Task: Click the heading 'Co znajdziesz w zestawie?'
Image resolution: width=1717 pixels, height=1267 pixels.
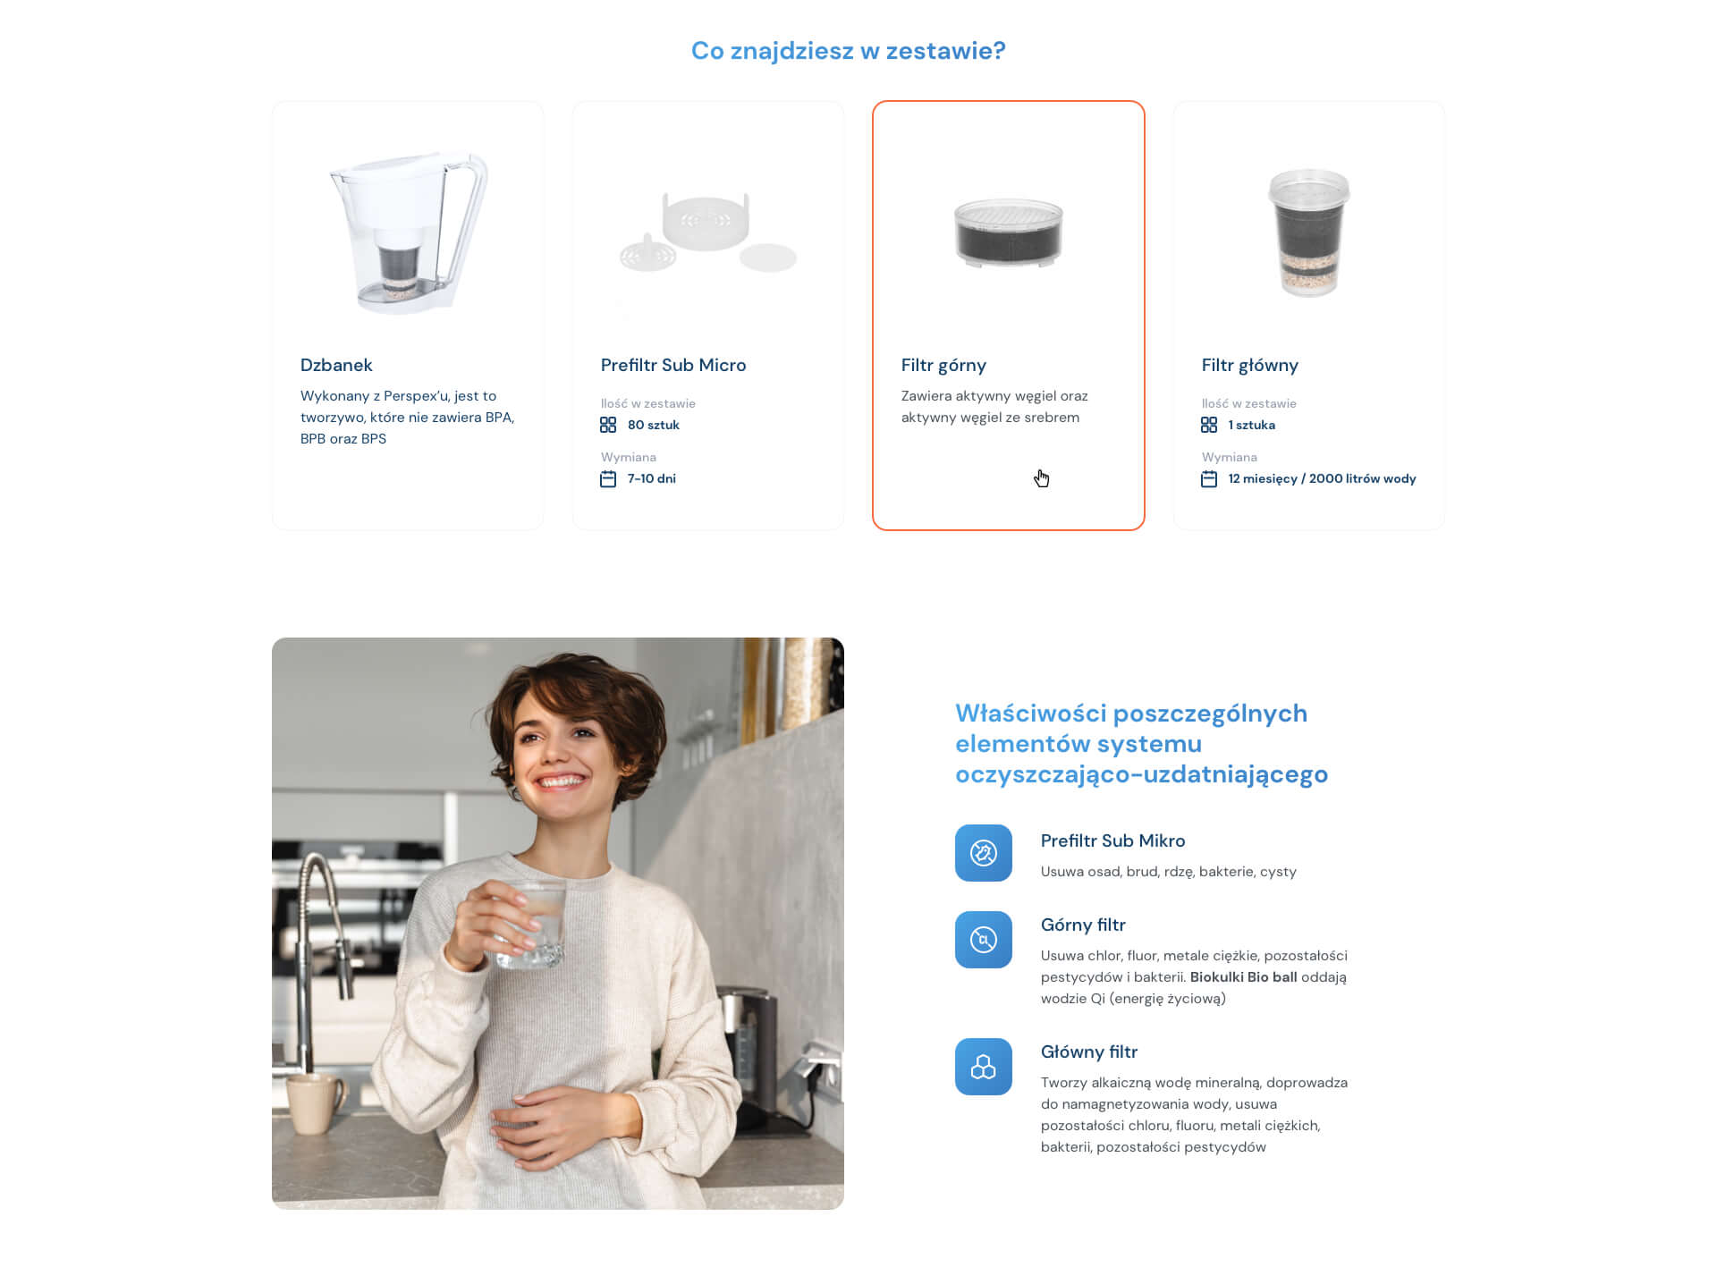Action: point(848,51)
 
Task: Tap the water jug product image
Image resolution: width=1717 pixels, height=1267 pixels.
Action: point(409,232)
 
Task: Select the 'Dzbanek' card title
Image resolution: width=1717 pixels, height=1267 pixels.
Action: point(336,365)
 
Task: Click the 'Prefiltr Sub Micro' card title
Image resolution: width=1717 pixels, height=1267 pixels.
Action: point(673,365)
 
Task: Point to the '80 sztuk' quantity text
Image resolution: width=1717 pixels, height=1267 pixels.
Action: point(654,425)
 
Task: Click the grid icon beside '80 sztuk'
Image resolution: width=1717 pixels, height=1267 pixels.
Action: point(608,425)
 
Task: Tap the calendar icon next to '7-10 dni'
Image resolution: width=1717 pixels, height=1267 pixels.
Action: point(608,479)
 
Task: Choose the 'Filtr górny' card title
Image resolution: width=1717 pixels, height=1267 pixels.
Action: point(943,365)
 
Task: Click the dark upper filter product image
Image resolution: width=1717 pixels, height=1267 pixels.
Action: point(1008,232)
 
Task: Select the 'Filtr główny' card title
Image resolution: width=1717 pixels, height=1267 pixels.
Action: point(1250,365)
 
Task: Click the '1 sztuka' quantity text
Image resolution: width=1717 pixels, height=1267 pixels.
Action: point(1252,425)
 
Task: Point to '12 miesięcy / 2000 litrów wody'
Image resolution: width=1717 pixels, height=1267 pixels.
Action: point(1322,479)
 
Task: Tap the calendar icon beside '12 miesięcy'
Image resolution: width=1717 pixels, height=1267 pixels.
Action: point(1209,479)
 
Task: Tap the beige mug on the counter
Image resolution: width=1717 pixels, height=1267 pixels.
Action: point(316,1103)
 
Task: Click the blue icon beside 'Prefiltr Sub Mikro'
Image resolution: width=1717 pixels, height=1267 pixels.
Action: point(984,853)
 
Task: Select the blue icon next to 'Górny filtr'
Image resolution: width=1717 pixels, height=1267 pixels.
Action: point(984,940)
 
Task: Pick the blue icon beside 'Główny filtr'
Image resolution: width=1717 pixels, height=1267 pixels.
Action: point(984,1067)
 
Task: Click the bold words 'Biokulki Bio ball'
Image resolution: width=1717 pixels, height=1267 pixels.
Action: point(1243,977)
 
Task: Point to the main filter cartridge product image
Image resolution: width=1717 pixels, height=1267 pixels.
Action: point(1308,232)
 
